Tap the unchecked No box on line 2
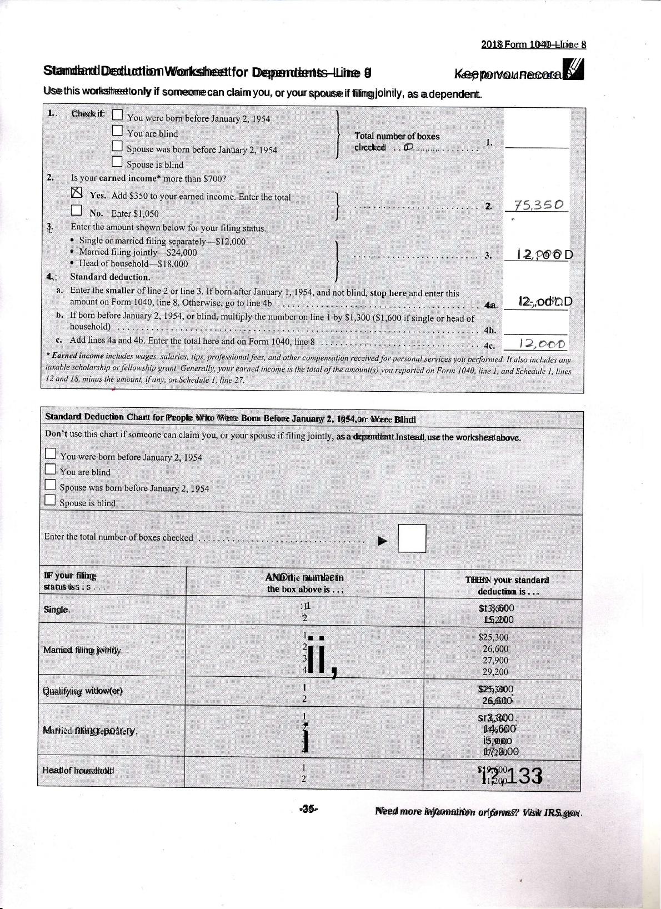click(76, 211)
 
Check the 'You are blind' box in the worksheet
click(117, 131)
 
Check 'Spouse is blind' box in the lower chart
click(50, 500)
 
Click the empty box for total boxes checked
click(412, 538)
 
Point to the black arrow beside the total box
click(382, 541)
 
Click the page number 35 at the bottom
click(308, 809)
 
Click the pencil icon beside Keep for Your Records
click(574, 71)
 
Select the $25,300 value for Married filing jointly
click(493, 637)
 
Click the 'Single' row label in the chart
click(57, 610)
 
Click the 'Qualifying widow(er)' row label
click(83, 691)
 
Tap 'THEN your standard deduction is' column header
click(507, 585)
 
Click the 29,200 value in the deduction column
click(495, 671)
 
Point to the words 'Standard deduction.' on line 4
click(110, 277)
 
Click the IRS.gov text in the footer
click(562, 812)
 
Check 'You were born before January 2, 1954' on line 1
click(117, 115)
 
